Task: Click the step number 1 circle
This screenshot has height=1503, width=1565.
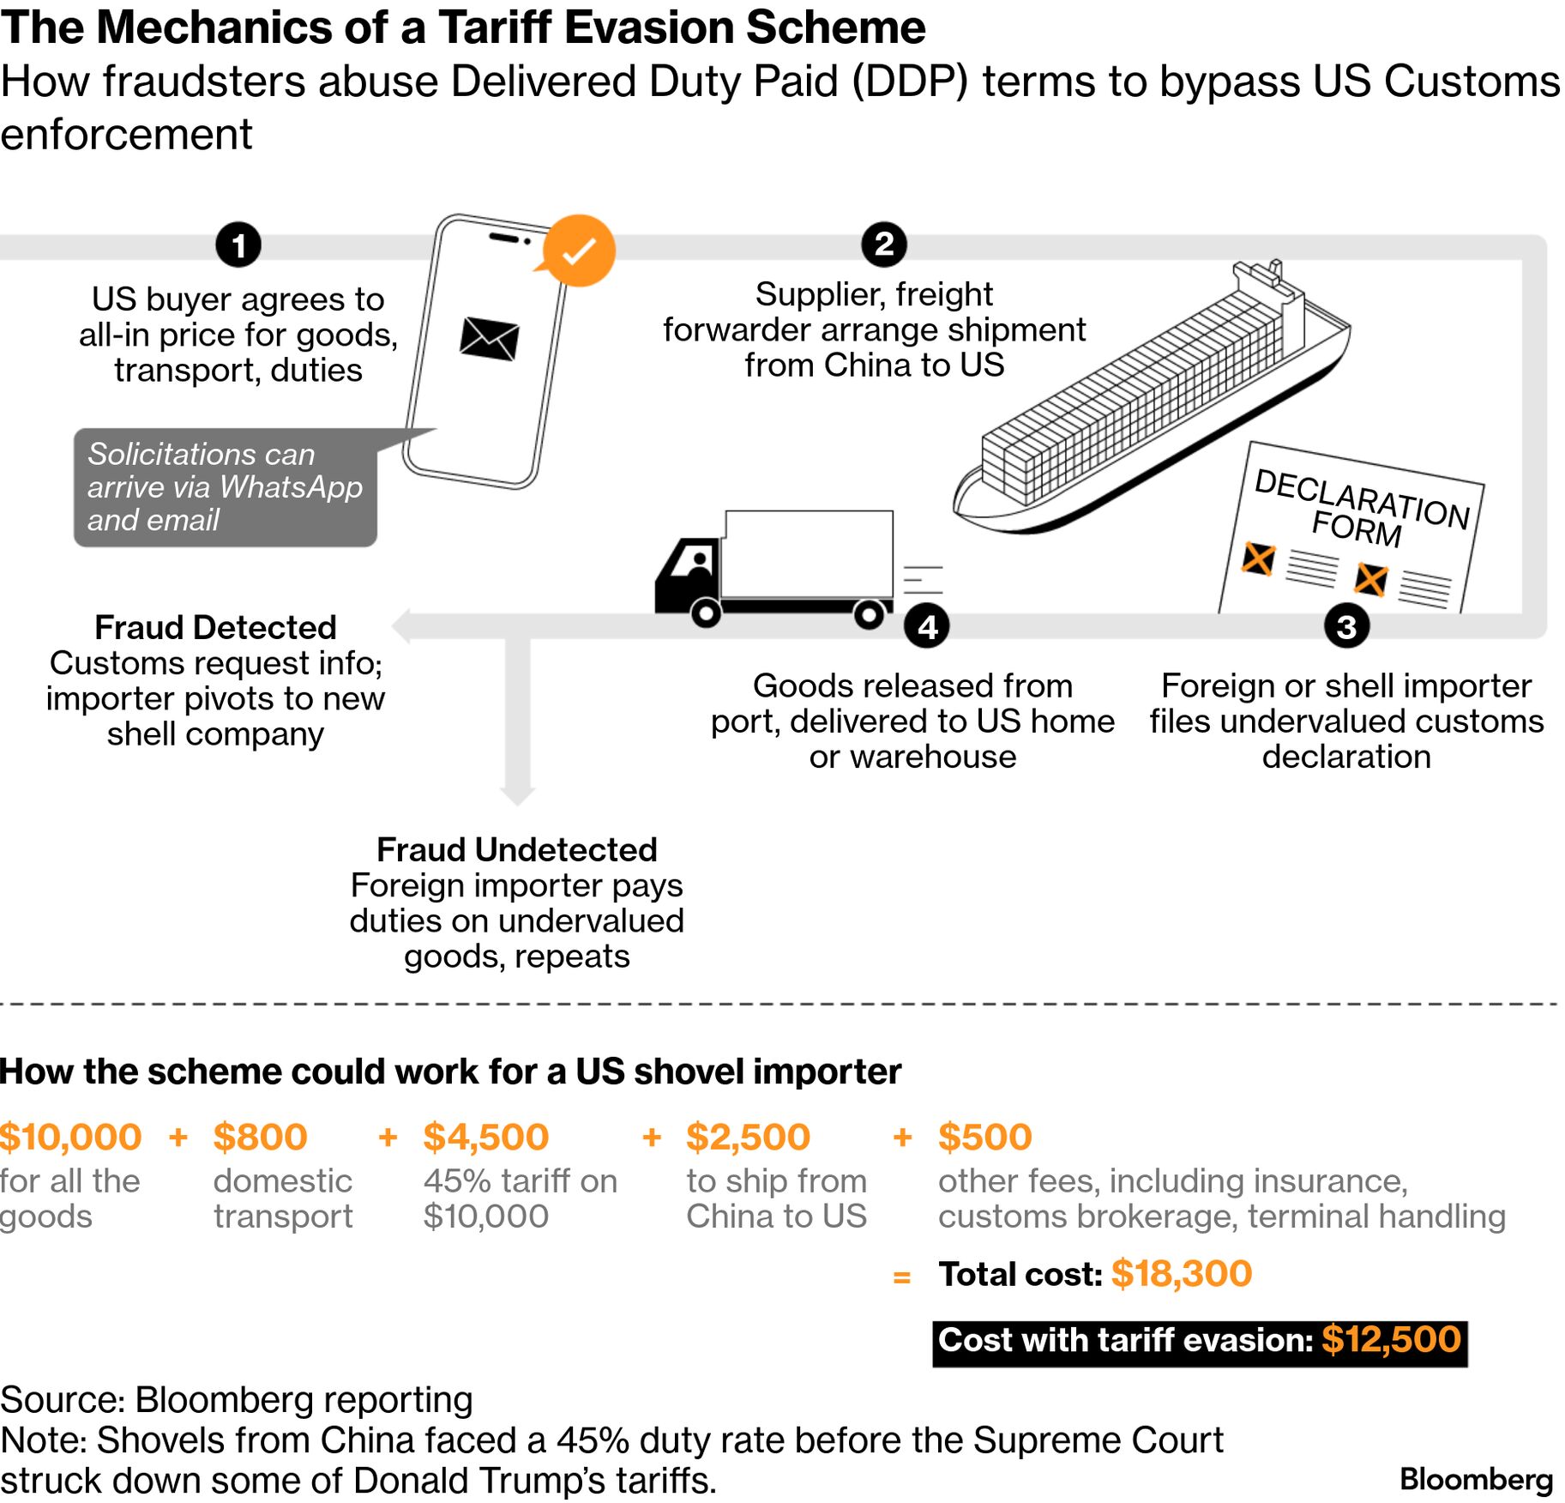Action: pyautogui.click(x=238, y=245)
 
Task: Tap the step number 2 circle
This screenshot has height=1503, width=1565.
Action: pyautogui.click(x=883, y=244)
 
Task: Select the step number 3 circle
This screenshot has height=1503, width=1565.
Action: pyautogui.click(x=1345, y=626)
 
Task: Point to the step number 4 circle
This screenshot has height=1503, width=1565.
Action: pyautogui.click(x=927, y=626)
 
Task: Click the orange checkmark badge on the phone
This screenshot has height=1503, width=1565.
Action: pyautogui.click(x=580, y=250)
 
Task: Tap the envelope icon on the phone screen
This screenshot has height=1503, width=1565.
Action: pyautogui.click(x=489, y=338)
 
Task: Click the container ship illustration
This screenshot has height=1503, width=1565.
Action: pyautogui.click(x=1149, y=403)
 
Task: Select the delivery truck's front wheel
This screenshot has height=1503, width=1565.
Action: pyautogui.click(x=706, y=613)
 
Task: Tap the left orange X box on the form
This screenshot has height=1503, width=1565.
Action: pyautogui.click(x=1258, y=559)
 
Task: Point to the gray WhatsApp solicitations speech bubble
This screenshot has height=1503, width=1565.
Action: pyautogui.click(x=225, y=487)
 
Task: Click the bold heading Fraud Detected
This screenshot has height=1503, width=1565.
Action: pyautogui.click(x=215, y=628)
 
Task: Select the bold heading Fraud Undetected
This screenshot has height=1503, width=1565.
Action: pyautogui.click(x=517, y=850)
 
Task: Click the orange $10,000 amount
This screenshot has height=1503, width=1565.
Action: pyautogui.click(x=71, y=1138)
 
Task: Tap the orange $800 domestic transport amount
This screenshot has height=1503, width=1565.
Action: pyautogui.click(x=260, y=1138)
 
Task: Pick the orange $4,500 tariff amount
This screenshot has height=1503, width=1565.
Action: pyautogui.click(x=485, y=1138)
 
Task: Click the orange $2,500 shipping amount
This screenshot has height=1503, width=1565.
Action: pyautogui.click(x=748, y=1138)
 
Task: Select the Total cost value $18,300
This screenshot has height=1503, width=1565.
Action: pyautogui.click(x=1181, y=1274)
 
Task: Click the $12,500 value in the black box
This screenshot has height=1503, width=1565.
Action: pyautogui.click(x=1391, y=1340)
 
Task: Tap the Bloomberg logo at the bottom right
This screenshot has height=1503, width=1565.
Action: pyautogui.click(x=1476, y=1479)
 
